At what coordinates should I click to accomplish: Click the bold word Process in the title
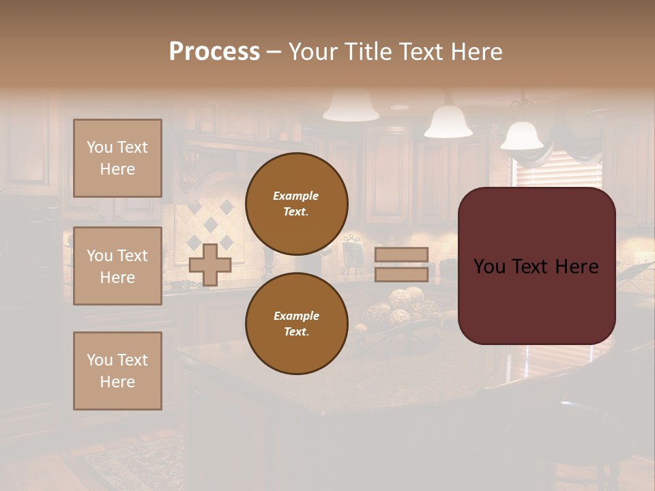coord(214,51)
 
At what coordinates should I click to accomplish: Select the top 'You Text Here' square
coord(117,158)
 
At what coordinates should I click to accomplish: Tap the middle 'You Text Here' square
coord(117,266)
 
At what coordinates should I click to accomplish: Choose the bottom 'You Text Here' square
coord(117,370)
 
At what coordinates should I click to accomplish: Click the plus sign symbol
coord(209,265)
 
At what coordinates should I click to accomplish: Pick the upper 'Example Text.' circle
coord(296,203)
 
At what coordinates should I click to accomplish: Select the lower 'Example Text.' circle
coord(296,323)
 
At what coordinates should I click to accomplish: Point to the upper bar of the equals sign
coord(401,254)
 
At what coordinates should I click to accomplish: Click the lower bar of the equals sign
coord(401,274)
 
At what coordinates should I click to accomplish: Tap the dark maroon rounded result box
coord(536,266)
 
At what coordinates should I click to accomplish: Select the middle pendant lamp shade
coord(448,121)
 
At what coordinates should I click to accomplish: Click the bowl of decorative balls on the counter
coord(399,310)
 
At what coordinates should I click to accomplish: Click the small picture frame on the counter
coord(353,254)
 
